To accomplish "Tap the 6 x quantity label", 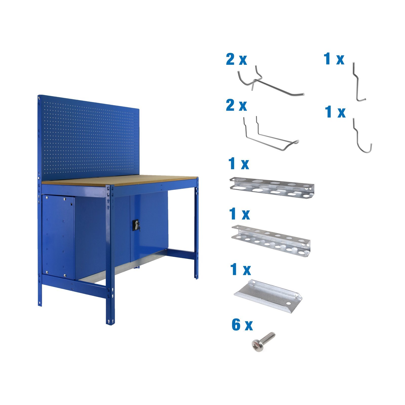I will click(x=242, y=325).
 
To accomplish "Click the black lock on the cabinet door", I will click(x=136, y=225).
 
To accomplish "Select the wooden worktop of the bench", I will click(x=119, y=180).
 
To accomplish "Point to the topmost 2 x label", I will click(x=236, y=59).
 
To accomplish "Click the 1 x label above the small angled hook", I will click(x=334, y=59).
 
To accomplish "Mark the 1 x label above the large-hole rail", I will click(x=238, y=164).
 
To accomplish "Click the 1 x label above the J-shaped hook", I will click(x=335, y=112).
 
